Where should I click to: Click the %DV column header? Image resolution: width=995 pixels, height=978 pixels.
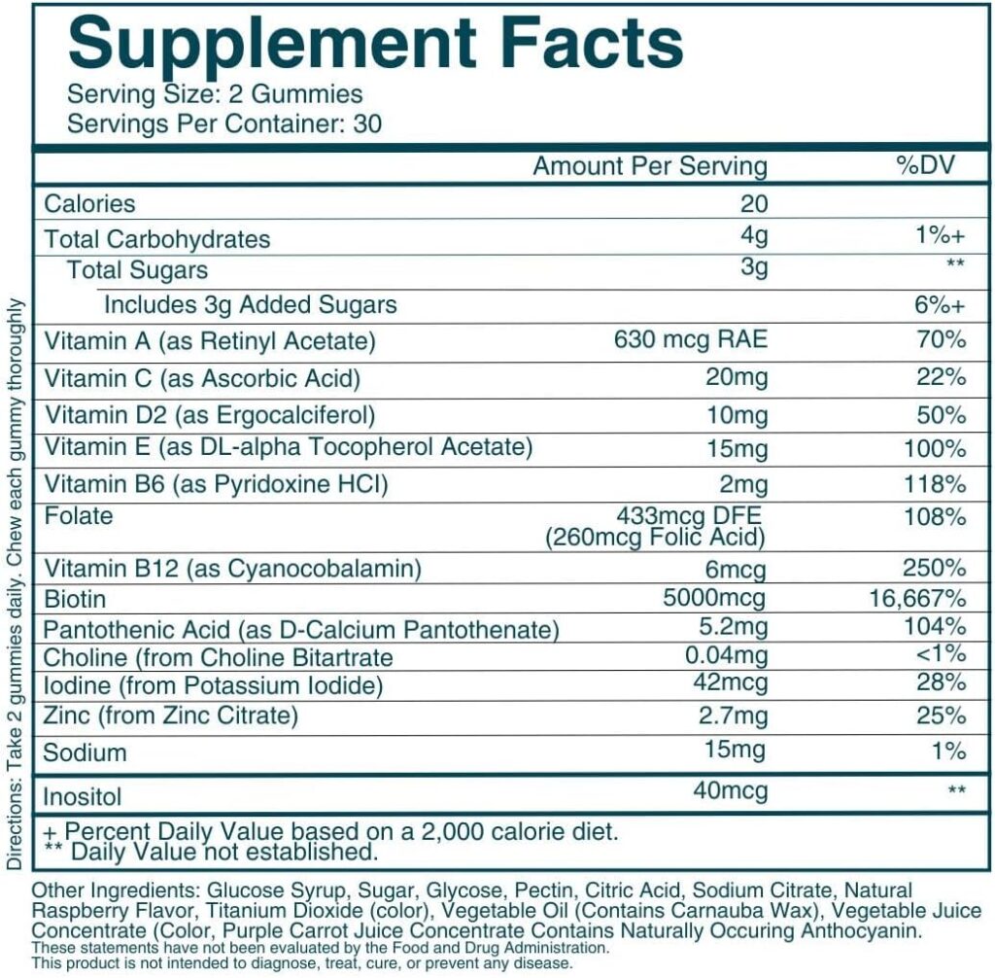click(925, 164)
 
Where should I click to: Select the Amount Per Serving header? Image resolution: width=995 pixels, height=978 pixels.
click(649, 165)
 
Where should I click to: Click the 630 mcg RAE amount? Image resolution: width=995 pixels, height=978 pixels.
click(691, 340)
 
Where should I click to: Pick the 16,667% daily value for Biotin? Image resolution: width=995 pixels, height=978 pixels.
click(916, 597)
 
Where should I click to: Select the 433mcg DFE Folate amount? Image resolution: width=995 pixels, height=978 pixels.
click(692, 515)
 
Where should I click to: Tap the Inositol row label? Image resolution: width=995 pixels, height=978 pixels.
click(84, 797)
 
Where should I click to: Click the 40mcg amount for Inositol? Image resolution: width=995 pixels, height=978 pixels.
click(730, 790)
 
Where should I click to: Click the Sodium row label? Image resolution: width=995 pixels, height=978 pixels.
click(86, 752)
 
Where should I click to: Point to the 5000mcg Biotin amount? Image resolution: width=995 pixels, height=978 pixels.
click(716, 597)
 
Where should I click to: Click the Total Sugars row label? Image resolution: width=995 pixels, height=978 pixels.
click(137, 269)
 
